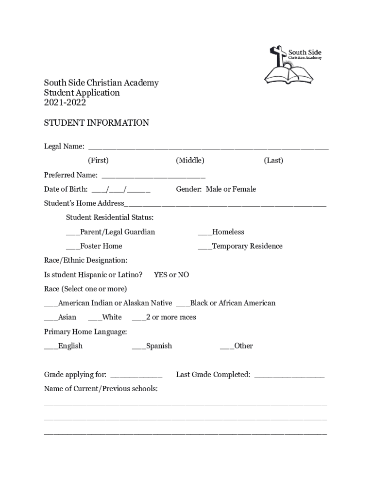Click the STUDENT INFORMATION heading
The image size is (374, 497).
coord(97,123)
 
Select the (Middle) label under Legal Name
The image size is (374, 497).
coord(190,160)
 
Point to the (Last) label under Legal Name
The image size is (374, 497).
coord(273,160)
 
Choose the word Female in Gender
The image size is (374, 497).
coord(244,189)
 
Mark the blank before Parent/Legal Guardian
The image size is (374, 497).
coord(73,232)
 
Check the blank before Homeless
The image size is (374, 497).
coord(204,232)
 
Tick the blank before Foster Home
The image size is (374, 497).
coord(73,247)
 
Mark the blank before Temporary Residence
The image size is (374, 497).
coord(204,247)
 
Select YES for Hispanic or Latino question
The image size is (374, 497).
coord(160,275)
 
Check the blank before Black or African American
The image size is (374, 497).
coord(183,304)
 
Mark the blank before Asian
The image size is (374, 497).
coord(51,318)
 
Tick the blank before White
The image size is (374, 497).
coord(95,318)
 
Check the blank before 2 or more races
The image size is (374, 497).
coord(138,318)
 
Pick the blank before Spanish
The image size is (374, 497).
coord(138,347)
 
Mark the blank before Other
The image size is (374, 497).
coord(227,347)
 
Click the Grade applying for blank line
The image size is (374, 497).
coord(136,375)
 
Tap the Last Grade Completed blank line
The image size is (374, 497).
coord(289,375)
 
